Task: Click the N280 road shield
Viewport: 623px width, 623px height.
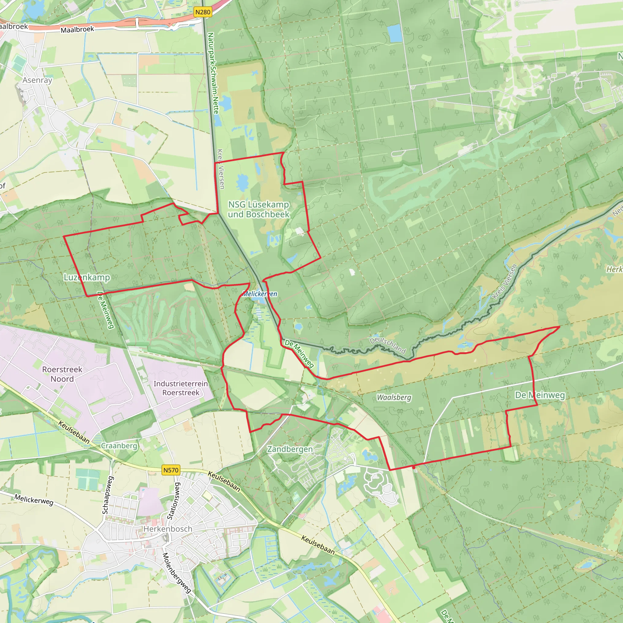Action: pyautogui.click(x=203, y=12)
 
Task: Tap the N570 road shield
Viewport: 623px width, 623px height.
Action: pyautogui.click(x=171, y=470)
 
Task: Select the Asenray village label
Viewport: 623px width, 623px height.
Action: pyautogui.click(x=37, y=80)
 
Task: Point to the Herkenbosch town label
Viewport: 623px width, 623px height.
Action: pyautogui.click(x=168, y=529)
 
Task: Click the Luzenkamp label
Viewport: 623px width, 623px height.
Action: pyautogui.click(x=87, y=277)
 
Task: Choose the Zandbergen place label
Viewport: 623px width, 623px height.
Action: pyautogui.click(x=290, y=449)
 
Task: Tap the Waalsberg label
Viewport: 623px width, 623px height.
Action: pyautogui.click(x=394, y=398)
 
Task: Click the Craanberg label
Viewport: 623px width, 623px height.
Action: pyautogui.click(x=119, y=446)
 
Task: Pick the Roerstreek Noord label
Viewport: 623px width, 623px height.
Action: pyautogui.click(x=62, y=374)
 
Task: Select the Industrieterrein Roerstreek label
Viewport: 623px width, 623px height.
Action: pyautogui.click(x=181, y=388)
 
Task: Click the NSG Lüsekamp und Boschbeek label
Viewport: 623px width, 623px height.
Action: pyautogui.click(x=259, y=209)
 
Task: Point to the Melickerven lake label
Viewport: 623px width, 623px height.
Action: pyautogui.click(x=259, y=294)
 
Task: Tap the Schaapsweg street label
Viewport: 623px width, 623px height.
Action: pyautogui.click(x=107, y=495)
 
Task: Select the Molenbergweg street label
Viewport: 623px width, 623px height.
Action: pyautogui.click(x=176, y=573)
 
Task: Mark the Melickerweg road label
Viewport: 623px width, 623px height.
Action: pyautogui.click(x=34, y=500)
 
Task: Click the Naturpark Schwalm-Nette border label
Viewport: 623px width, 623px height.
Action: pyautogui.click(x=213, y=73)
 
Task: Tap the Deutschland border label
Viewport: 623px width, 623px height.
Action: pyautogui.click(x=388, y=345)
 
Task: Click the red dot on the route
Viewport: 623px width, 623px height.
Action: pyautogui.click(x=414, y=467)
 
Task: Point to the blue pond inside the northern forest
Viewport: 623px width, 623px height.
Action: pyautogui.click(x=394, y=33)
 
